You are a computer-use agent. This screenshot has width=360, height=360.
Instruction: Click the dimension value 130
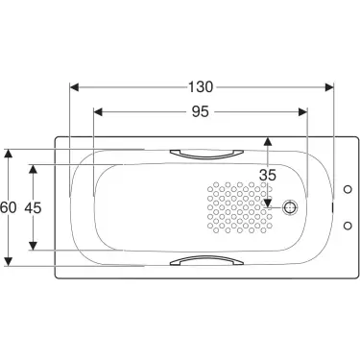tap(201, 85)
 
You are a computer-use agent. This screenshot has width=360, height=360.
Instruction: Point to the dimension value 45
tap(35, 205)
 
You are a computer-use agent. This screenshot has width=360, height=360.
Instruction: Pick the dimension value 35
tap(269, 174)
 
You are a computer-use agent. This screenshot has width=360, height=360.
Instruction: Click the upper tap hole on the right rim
tap(346, 188)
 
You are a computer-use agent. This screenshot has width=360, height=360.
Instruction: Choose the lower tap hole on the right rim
tap(346, 225)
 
